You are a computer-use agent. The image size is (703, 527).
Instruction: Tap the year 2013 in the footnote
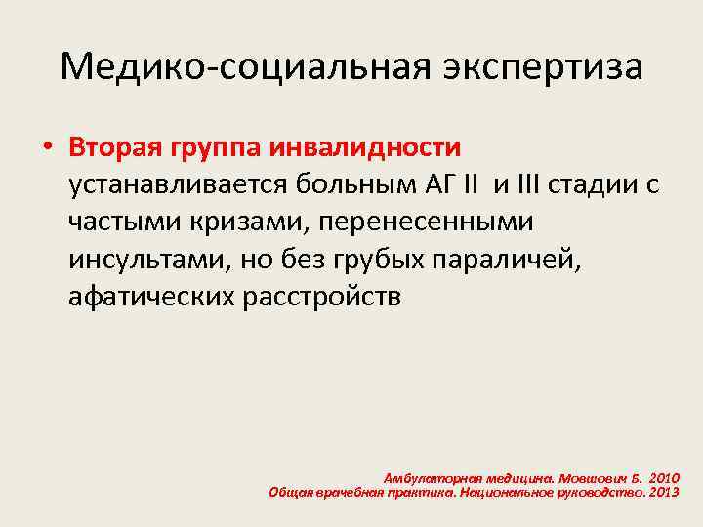[662, 492]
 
